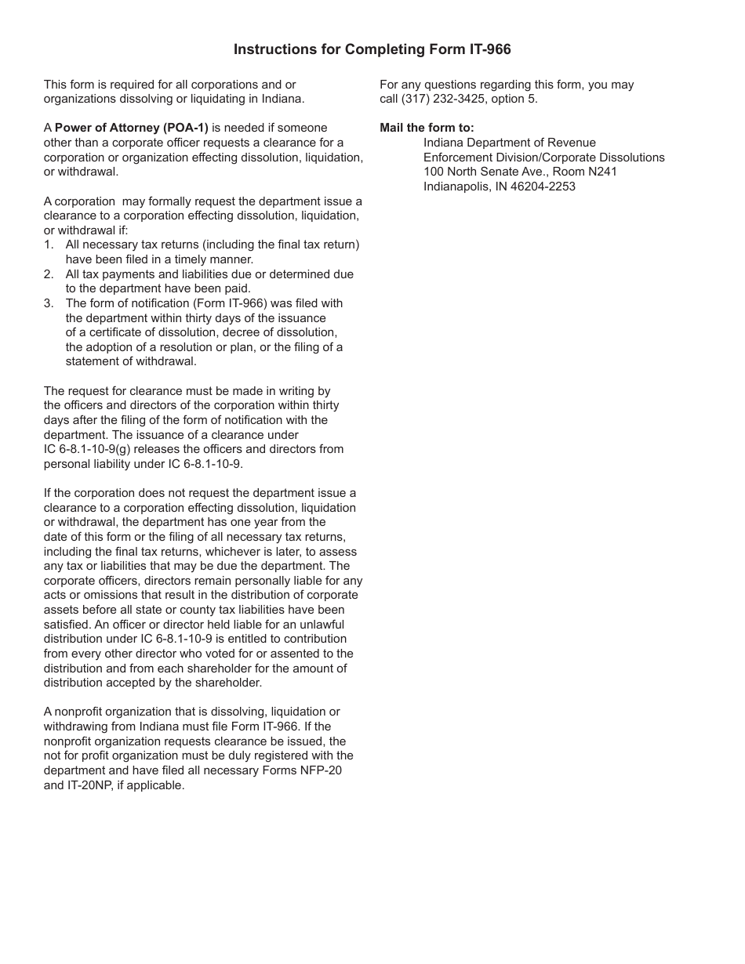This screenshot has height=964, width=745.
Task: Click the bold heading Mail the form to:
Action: pos(427,128)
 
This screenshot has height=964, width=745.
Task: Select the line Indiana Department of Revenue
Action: pos(509,143)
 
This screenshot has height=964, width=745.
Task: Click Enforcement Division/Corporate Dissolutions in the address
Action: pos(543,158)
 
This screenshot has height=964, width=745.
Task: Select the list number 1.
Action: pos(49,245)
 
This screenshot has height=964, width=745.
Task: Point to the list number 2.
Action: pos(49,274)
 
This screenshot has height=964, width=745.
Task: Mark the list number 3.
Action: pos(49,303)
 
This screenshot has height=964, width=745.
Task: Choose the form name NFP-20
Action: pos(320,770)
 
